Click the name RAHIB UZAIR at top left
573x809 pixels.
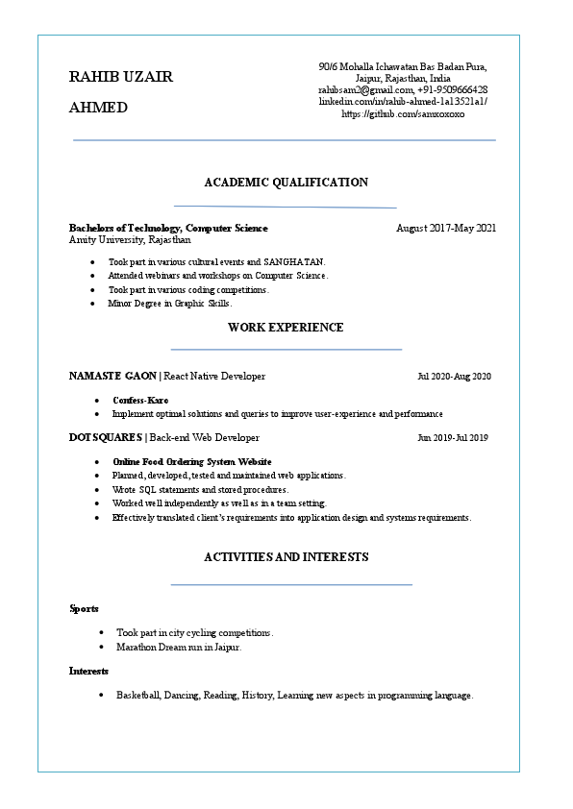pyautogui.click(x=121, y=77)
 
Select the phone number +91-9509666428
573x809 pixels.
pyautogui.click(x=452, y=89)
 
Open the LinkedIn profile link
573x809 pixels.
pyautogui.click(x=403, y=101)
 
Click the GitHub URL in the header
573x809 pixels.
pyautogui.click(x=403, y=113)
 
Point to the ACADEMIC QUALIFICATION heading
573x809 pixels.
pyautogui.click(x=286, y=183)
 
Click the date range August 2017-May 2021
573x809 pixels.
pyautogui.click(x=446, y=228)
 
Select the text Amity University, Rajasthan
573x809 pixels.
pyautogui.click(x=130, y=239)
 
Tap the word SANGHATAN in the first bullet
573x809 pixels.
pyautogui.click(x=294, y=261)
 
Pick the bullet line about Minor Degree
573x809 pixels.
pyautogui.click(x=169, y=303)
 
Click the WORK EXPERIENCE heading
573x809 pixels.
pyautogui.click(x=286, y=328)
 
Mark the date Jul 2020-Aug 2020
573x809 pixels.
pyautogui.click(x=454, y=376)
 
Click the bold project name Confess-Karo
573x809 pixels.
pyautogui.click(x=140, y=400)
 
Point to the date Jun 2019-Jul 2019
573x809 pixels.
pyautogui.click(x=453, y=438)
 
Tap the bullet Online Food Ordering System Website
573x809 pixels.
pyautogui.click(x=191, y=461)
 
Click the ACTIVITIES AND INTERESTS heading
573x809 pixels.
pyautogui.click(x=286, y=557)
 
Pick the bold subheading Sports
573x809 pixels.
pyautogui.click(x=84, y=608)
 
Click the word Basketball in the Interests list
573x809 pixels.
pyautogui.click(x=138, y=695)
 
